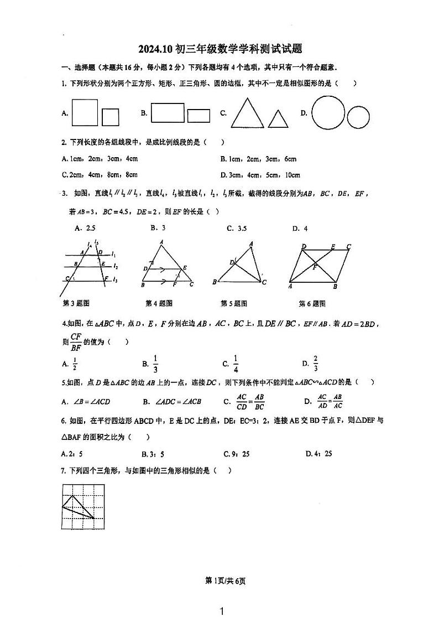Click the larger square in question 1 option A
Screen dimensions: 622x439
85,112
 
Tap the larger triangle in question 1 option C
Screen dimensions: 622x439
247,113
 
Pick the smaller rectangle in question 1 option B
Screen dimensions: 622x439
198,116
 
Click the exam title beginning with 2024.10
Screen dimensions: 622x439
219,49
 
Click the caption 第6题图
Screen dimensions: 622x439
312,303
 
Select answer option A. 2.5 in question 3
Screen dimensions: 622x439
85,228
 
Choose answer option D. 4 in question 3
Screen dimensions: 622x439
300,228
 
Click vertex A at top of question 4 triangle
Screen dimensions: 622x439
161,242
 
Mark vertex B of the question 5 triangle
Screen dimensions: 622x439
214,282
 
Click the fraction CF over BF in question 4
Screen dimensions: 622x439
76,342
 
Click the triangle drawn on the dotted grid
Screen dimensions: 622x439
76,507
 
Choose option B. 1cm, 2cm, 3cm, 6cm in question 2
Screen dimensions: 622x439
258,159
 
